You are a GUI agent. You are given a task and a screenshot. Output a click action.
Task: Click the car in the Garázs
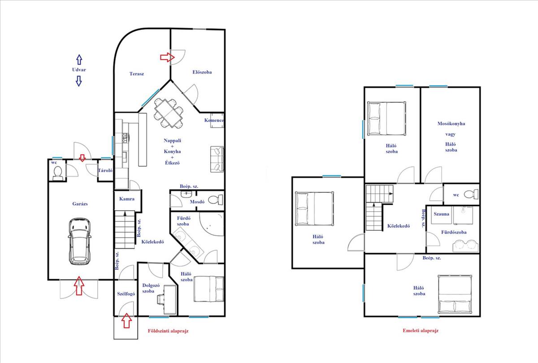[x=80, y=241]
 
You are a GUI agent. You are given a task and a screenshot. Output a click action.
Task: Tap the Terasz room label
[x=137, y=73]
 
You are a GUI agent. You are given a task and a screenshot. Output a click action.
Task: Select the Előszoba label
[x=202, y=72]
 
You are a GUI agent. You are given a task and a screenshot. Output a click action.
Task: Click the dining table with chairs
[x=169, y=113]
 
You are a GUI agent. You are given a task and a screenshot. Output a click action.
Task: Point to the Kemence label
[x=214, y=120]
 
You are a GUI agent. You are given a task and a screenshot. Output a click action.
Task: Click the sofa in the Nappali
[x=217, y=159]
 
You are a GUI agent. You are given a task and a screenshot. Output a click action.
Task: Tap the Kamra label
[x=127, y=199]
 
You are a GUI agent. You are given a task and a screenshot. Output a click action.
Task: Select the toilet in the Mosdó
[x=215, y=200]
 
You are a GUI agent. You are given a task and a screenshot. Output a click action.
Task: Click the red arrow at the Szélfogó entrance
[x=126, y=320]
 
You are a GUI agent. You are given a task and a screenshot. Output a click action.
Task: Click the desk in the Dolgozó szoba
[x=170, y=299]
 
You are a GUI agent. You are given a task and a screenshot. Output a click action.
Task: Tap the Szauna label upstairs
[x=441, y=214]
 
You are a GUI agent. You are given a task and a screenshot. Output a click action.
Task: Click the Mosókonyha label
[x=451, y=124]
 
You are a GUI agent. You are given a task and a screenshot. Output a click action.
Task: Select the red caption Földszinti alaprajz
[x=168, y=331]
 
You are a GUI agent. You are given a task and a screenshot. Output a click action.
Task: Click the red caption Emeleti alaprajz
[x=421, y=330]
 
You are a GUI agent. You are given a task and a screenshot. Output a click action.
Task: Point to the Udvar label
[x=79, y=69]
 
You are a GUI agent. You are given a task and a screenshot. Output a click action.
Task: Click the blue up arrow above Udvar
[x=79, y=60]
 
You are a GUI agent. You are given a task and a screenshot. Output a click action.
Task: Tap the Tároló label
[x=105, y=170]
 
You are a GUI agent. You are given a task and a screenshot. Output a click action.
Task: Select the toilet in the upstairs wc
[x=471, y=194]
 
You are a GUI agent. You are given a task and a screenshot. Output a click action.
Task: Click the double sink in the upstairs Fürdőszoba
[x=465, y=246]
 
